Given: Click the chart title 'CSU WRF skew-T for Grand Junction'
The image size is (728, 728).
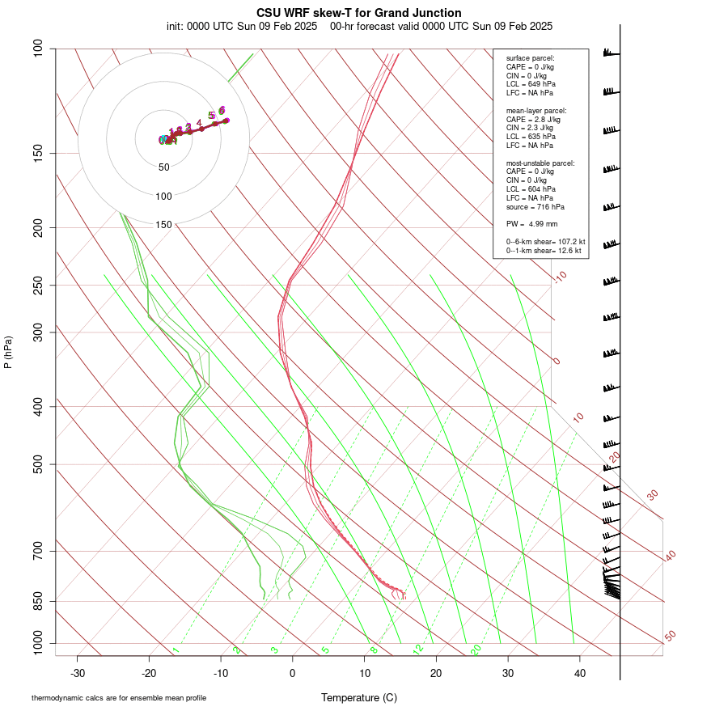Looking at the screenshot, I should pos(359,13).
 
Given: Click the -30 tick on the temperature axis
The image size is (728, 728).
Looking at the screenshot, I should pos(78,673).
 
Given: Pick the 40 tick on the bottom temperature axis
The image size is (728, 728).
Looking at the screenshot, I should pos(580,673).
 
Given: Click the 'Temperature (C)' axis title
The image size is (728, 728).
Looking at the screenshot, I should pos(359,697).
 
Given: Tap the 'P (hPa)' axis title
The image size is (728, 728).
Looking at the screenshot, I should pos(8,352).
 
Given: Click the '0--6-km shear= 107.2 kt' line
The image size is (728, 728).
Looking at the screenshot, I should pos(545,242).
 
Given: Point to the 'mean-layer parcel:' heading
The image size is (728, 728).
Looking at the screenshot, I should pos(535,110).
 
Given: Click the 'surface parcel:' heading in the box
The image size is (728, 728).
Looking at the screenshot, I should pos(531,58).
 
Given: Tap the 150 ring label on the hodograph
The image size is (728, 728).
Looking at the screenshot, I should pos(163,225).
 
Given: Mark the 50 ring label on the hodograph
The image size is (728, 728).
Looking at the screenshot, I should pos(163,167).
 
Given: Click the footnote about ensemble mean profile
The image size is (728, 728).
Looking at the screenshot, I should pos(119,697).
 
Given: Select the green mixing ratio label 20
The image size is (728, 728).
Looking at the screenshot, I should pos(476,650).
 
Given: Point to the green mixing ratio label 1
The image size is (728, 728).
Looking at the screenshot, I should pos(176,650).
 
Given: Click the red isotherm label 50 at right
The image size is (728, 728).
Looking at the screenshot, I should pos(670,637).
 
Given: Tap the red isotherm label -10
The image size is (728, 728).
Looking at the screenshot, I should pos(560,277).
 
